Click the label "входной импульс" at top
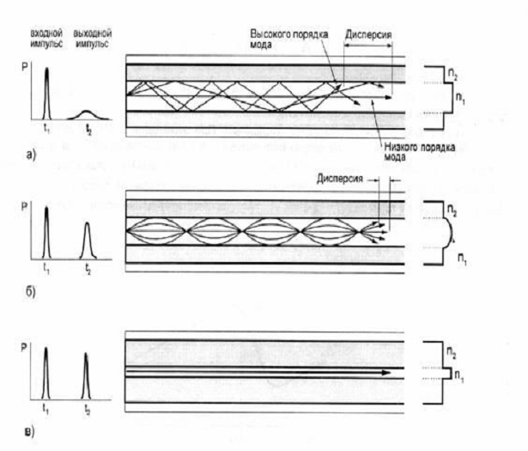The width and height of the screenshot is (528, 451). coord(47,39)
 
